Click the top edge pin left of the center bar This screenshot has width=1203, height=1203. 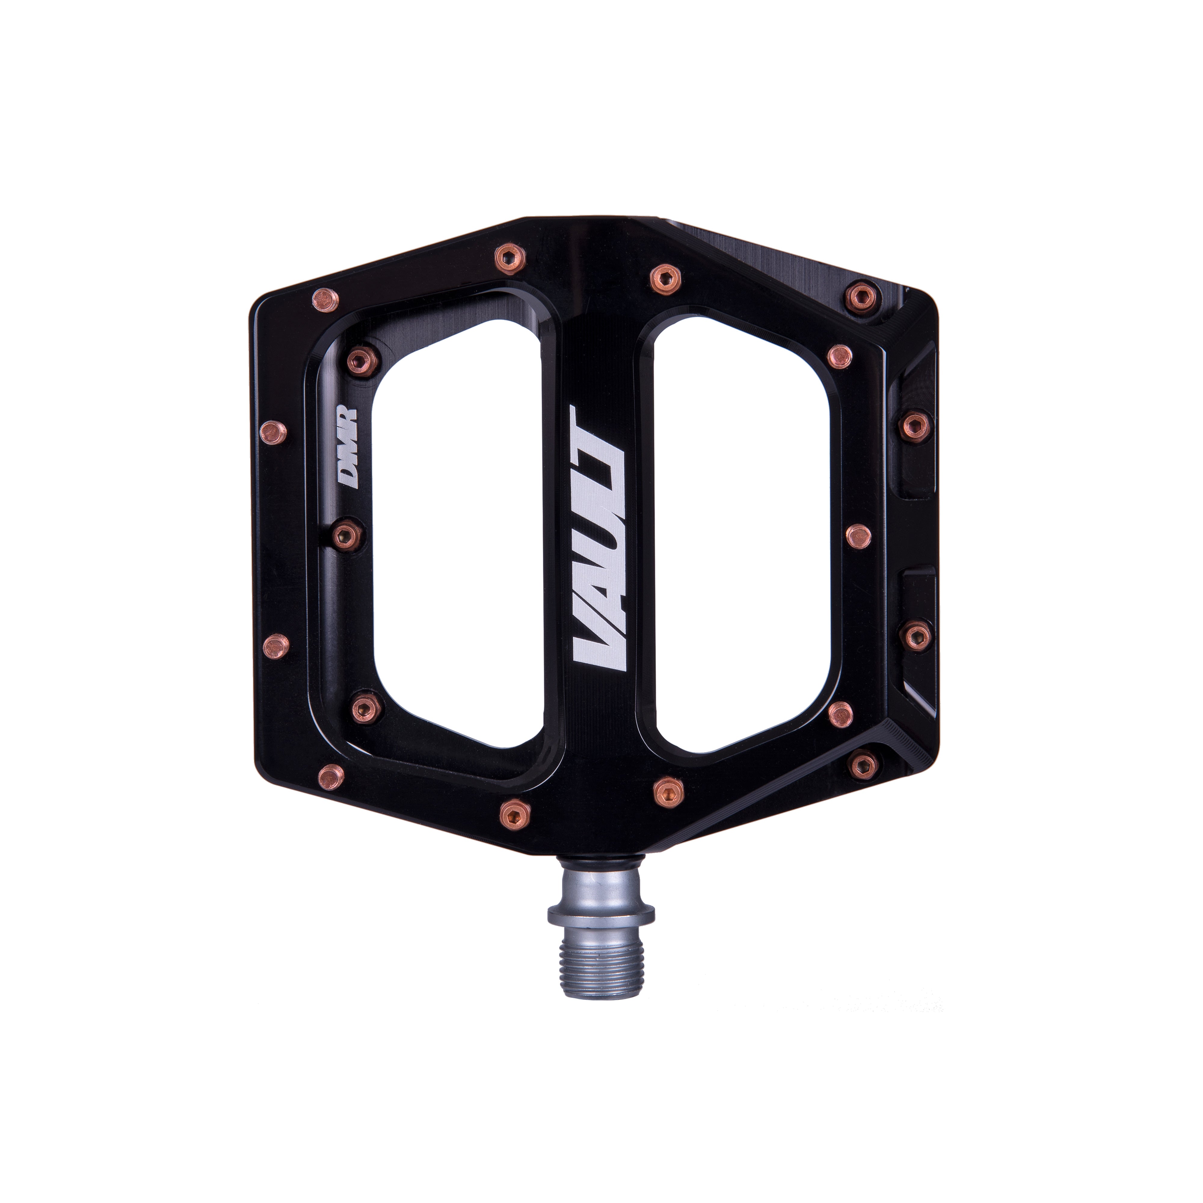coord(511,259)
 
